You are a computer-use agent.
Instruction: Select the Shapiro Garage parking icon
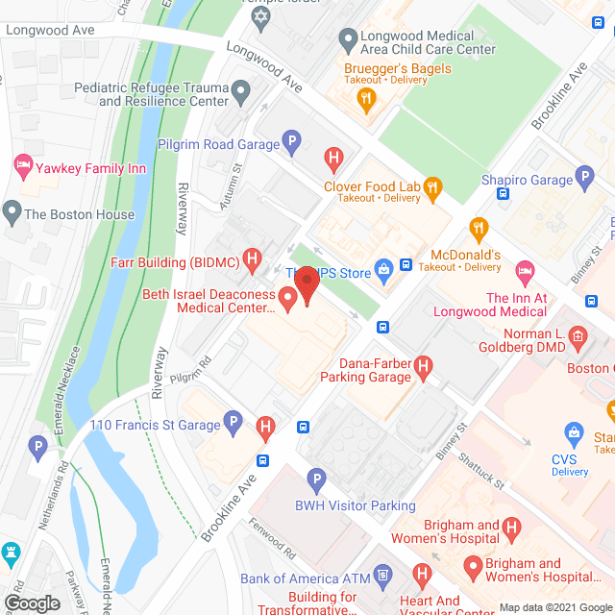pyautogui.click(x=584, y=178)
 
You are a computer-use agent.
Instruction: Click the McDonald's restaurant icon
pyautogui.click(x=477, y=228)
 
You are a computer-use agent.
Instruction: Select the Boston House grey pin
pyautogui.click(x=12, y=210)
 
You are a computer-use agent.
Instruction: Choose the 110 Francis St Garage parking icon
pyautogui.click(x=233, y=422)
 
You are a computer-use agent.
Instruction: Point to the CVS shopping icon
pyautogui.click(x=574, y=433)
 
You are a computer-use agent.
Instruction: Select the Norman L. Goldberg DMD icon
pyautogui.click(x=577, y=336)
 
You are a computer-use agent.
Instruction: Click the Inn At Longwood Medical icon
pyautogui.click(x=524, y=272)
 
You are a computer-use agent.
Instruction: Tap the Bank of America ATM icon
pyautogui.click(x=382, y=578)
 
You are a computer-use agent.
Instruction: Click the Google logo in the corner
pyautogui.click(x=32, y=603)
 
